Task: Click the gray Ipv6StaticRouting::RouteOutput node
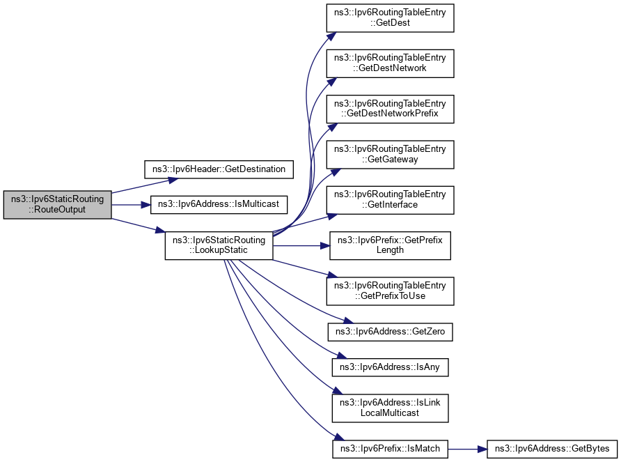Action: pos(57,204)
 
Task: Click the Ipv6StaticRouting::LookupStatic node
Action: pos(219,245)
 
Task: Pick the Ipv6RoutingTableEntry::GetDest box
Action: pos(391,17)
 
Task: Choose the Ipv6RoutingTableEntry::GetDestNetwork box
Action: pos(391,63)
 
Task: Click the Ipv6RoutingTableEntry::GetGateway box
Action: pos(391,154)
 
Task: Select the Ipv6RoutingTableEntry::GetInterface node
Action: pos(391,199)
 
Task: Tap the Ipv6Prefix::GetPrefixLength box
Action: pos(391,245)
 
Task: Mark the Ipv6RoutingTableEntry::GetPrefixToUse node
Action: pos(391,291)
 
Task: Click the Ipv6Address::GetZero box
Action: pos(391,333)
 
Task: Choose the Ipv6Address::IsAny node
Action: pos(391,366)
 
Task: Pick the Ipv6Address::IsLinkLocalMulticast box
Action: pos(391,408)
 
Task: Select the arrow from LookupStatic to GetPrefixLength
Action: pos(299,245)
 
